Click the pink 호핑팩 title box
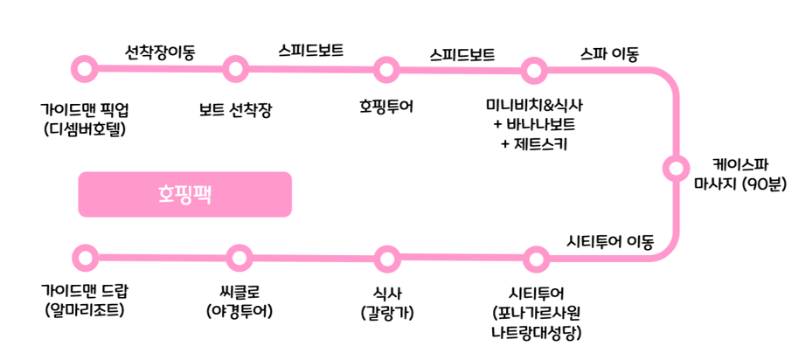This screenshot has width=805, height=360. [184, 194]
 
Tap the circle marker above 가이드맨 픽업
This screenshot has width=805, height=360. [85, 67]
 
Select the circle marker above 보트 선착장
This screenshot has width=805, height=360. [235, 67]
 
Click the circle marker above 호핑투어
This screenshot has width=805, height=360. [386, 68]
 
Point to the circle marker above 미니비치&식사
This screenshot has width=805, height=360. [534, 68]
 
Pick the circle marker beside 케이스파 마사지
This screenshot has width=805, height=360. [675, 166]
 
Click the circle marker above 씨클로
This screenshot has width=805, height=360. [239, 258]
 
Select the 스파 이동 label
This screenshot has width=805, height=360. [609, 54]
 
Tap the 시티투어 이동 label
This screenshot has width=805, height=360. [610, 241]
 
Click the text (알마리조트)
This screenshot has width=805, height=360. [85, 309]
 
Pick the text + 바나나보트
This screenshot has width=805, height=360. [534, 124]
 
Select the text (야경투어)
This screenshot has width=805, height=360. [239, 309]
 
